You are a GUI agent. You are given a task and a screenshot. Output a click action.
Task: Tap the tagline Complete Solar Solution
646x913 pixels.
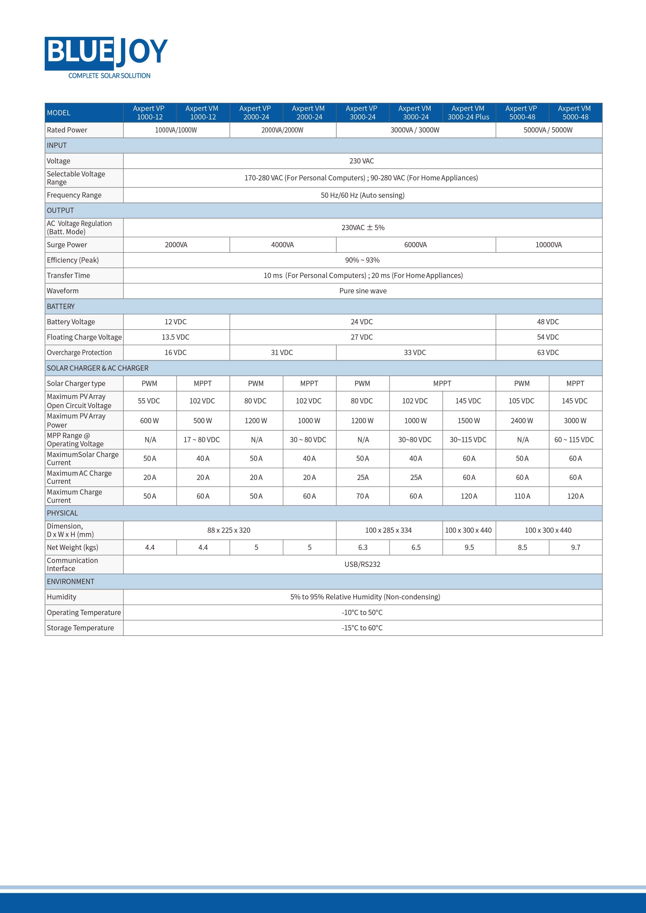pos(109,75)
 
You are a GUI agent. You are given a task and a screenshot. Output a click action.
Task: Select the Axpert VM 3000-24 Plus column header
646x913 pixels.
pos(468,112)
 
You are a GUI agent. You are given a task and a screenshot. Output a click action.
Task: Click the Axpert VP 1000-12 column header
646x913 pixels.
pos(149,112)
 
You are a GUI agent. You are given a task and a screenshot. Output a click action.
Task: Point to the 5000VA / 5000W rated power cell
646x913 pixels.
pos(548,130)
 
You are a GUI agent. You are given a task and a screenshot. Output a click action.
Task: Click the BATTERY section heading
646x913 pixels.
pos(61,306)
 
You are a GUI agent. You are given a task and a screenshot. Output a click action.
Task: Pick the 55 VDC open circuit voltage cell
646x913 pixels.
pos(149,401)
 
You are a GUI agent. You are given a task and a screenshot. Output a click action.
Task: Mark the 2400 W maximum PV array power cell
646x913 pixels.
pos(522,420)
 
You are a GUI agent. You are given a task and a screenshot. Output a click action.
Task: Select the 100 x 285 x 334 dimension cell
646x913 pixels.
pos(388,530)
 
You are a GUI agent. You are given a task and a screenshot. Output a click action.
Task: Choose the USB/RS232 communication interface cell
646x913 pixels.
pos(362,564)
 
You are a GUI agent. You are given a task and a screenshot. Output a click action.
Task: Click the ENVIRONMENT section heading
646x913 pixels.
pos(71,581)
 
